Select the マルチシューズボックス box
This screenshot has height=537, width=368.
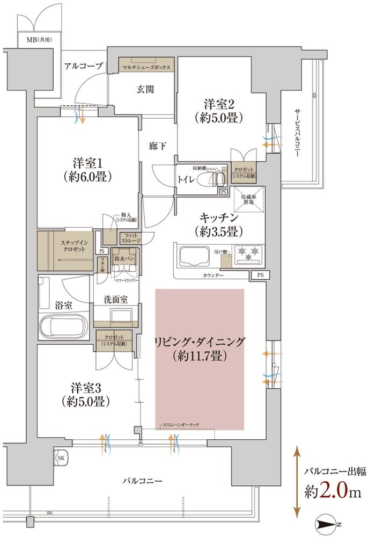pos(146,68)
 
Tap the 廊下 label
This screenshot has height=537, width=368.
pos(158,144)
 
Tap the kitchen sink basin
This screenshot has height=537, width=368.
pos(196,257)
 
